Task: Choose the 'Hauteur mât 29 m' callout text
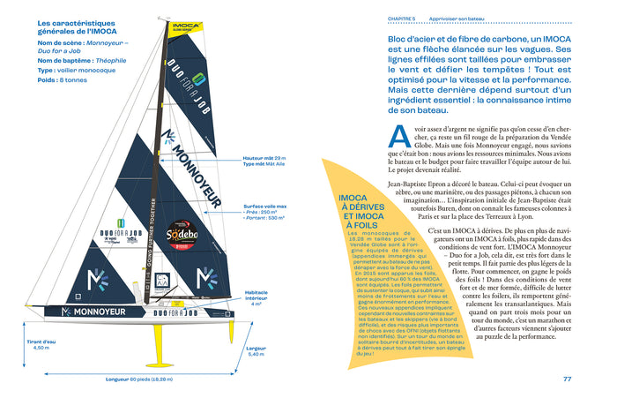[x=263, y=158]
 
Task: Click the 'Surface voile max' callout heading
[x=264, y=206]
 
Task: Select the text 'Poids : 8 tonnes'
[x=63, y=79]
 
